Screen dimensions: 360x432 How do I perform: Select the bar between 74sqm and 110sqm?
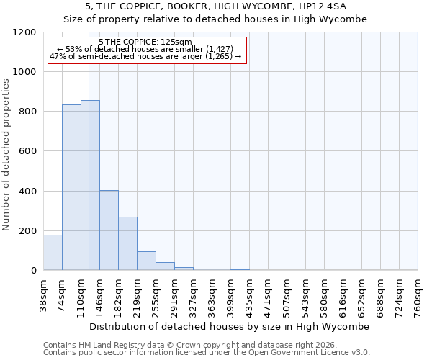[x=71, y=187]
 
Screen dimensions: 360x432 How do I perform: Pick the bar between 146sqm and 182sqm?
[x=109, y=230]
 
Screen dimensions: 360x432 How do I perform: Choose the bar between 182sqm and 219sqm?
[x=127, y=243]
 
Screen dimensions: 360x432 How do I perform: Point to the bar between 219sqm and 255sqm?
[x=146, y=261]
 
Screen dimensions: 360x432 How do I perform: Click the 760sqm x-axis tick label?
[x=418, y=295]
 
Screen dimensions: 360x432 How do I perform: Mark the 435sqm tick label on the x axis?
[x=250, y=295]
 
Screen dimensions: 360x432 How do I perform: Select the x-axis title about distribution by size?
[x=230, y=326]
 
